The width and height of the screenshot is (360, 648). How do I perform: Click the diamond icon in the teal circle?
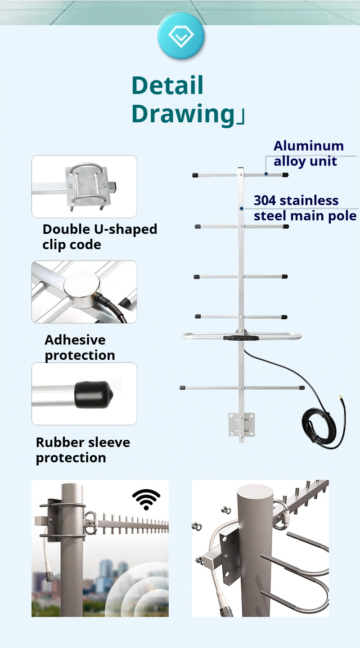tap(181, 36)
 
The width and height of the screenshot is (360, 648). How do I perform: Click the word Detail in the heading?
tap(167, 85)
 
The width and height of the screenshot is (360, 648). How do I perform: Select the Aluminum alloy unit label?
tap(308, 153)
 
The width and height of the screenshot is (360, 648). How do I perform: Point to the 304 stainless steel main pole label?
tap(305, 208)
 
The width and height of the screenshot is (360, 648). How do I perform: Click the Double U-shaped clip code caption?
tap(99, 237)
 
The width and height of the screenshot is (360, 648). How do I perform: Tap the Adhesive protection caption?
tap(80, 347)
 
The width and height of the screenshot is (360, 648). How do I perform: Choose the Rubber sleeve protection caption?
tap(83, 450)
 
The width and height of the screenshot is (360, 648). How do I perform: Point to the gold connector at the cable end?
tap(340, 398)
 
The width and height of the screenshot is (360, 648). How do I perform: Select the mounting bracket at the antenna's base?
tap(242, 425)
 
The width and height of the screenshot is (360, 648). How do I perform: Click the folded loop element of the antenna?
tap(241, 336)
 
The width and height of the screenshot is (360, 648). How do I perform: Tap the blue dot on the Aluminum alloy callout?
tap(266, 174)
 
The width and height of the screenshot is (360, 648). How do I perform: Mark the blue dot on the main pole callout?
tap(242, 209)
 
